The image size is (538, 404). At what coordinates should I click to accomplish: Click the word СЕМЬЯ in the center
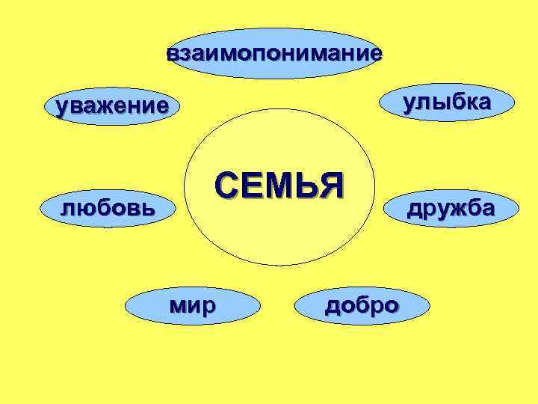click(278, 185)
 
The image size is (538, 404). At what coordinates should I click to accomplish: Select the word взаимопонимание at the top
click(274, 54)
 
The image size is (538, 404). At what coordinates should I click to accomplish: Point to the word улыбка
click(447, 102)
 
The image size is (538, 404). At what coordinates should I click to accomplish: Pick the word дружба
click(450, 208)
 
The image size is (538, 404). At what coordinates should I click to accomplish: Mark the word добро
click(362, 304)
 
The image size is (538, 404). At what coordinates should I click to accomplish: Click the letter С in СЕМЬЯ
click(226, 185)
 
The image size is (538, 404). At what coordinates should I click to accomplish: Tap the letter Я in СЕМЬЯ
click(330, 185)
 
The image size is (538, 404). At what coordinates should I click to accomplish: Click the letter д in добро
click(332, 305)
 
